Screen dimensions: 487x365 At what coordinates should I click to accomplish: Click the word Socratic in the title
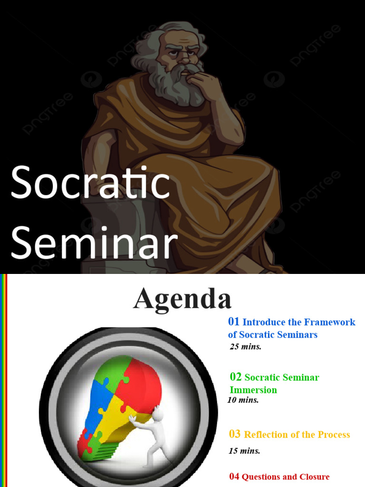(90, 183)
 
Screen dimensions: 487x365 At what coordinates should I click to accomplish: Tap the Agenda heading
(182, 299)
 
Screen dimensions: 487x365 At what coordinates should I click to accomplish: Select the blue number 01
(234, 321)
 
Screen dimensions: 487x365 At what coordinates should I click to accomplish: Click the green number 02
(236, 377)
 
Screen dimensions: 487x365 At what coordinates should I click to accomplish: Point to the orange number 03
(235, 434)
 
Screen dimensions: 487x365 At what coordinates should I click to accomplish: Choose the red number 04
(234, 477)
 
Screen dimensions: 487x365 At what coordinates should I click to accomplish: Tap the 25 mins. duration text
(246, 346)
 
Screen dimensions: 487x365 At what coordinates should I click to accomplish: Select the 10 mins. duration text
(243, 400)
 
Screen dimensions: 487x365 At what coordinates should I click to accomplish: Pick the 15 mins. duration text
(245, 451)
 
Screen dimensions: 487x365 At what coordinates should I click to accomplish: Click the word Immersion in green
(253, 390)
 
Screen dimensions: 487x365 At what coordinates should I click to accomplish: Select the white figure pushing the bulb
(151, 435)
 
